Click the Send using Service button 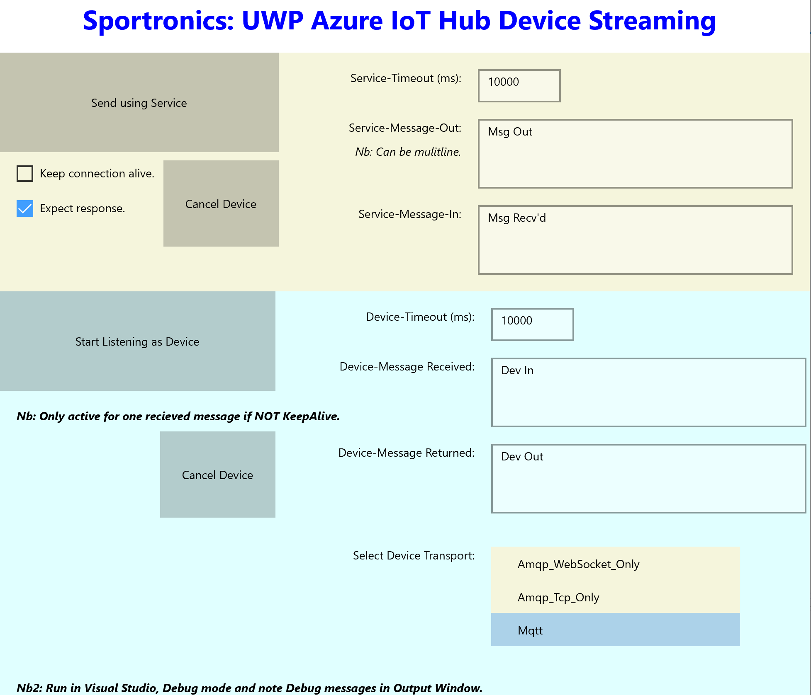(139, 102)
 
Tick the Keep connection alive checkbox (25, 174)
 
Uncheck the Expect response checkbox (25, 208)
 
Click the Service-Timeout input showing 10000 (519, 86)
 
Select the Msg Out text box (635, 154)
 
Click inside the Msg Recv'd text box (635, 240)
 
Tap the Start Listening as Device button (137, 341)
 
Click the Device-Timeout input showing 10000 (532, 324)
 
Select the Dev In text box (648, 392)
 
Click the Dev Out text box (648, 479)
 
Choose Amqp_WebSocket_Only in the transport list (579, 564)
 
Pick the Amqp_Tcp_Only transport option (558, 597)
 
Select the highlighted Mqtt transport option (530, 630)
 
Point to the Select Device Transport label (414, 555)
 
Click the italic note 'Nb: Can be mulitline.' (408, 152)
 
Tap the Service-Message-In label (409, 214)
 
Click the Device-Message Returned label (406, 453)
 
